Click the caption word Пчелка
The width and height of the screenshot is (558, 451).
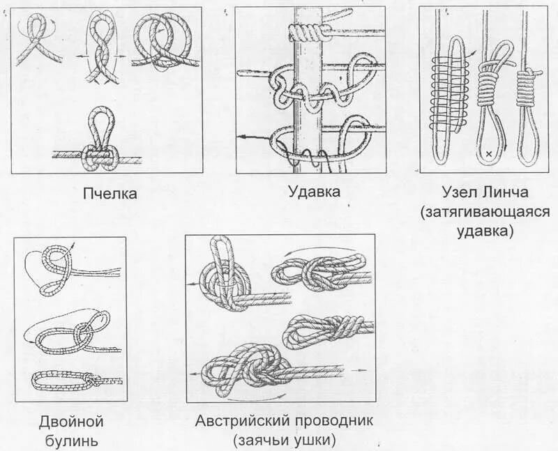coord(110,194)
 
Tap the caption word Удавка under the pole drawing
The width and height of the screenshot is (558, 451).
coord(314,192)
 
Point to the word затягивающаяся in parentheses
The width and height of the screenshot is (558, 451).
coord(485,213)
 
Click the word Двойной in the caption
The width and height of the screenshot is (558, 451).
coord(71,422)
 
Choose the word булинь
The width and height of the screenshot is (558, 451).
coord(72,441)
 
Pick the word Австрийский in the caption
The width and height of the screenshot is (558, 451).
coord(242,421)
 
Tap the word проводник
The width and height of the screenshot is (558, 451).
coord(334,422)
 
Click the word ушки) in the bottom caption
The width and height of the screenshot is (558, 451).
coord(315,441)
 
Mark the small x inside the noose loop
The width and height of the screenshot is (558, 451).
coord(489,153)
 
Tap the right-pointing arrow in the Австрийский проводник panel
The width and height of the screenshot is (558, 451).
coord(358,370)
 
